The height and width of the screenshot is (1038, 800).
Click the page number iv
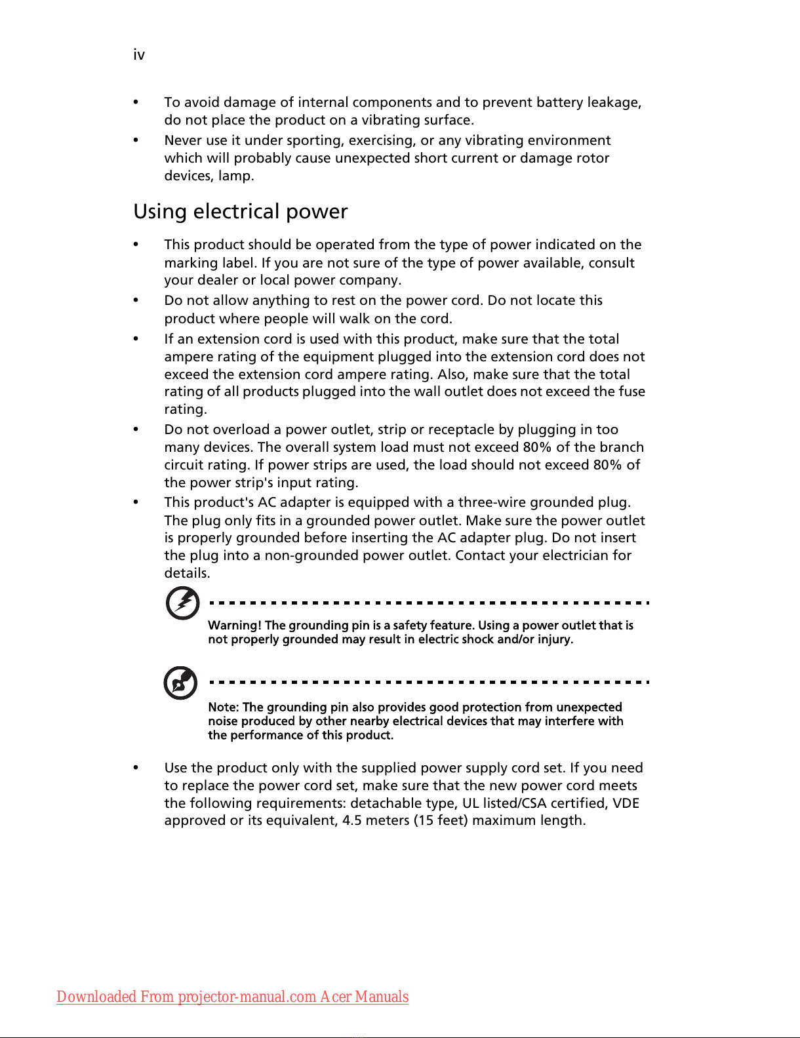(139, 54)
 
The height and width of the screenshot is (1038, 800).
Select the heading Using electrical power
(240, 212)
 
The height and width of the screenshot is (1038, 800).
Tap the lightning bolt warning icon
(183, 603)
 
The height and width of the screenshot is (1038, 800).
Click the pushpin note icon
(180, 683)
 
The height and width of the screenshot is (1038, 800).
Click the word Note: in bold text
(224, 708)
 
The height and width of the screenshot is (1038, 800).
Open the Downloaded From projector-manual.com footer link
(232, 997)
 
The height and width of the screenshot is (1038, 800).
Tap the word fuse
(632, 391)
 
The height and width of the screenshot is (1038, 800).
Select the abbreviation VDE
(626, 803)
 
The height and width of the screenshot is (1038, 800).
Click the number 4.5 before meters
(351, 820)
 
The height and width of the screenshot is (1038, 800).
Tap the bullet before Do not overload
(136, 429)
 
